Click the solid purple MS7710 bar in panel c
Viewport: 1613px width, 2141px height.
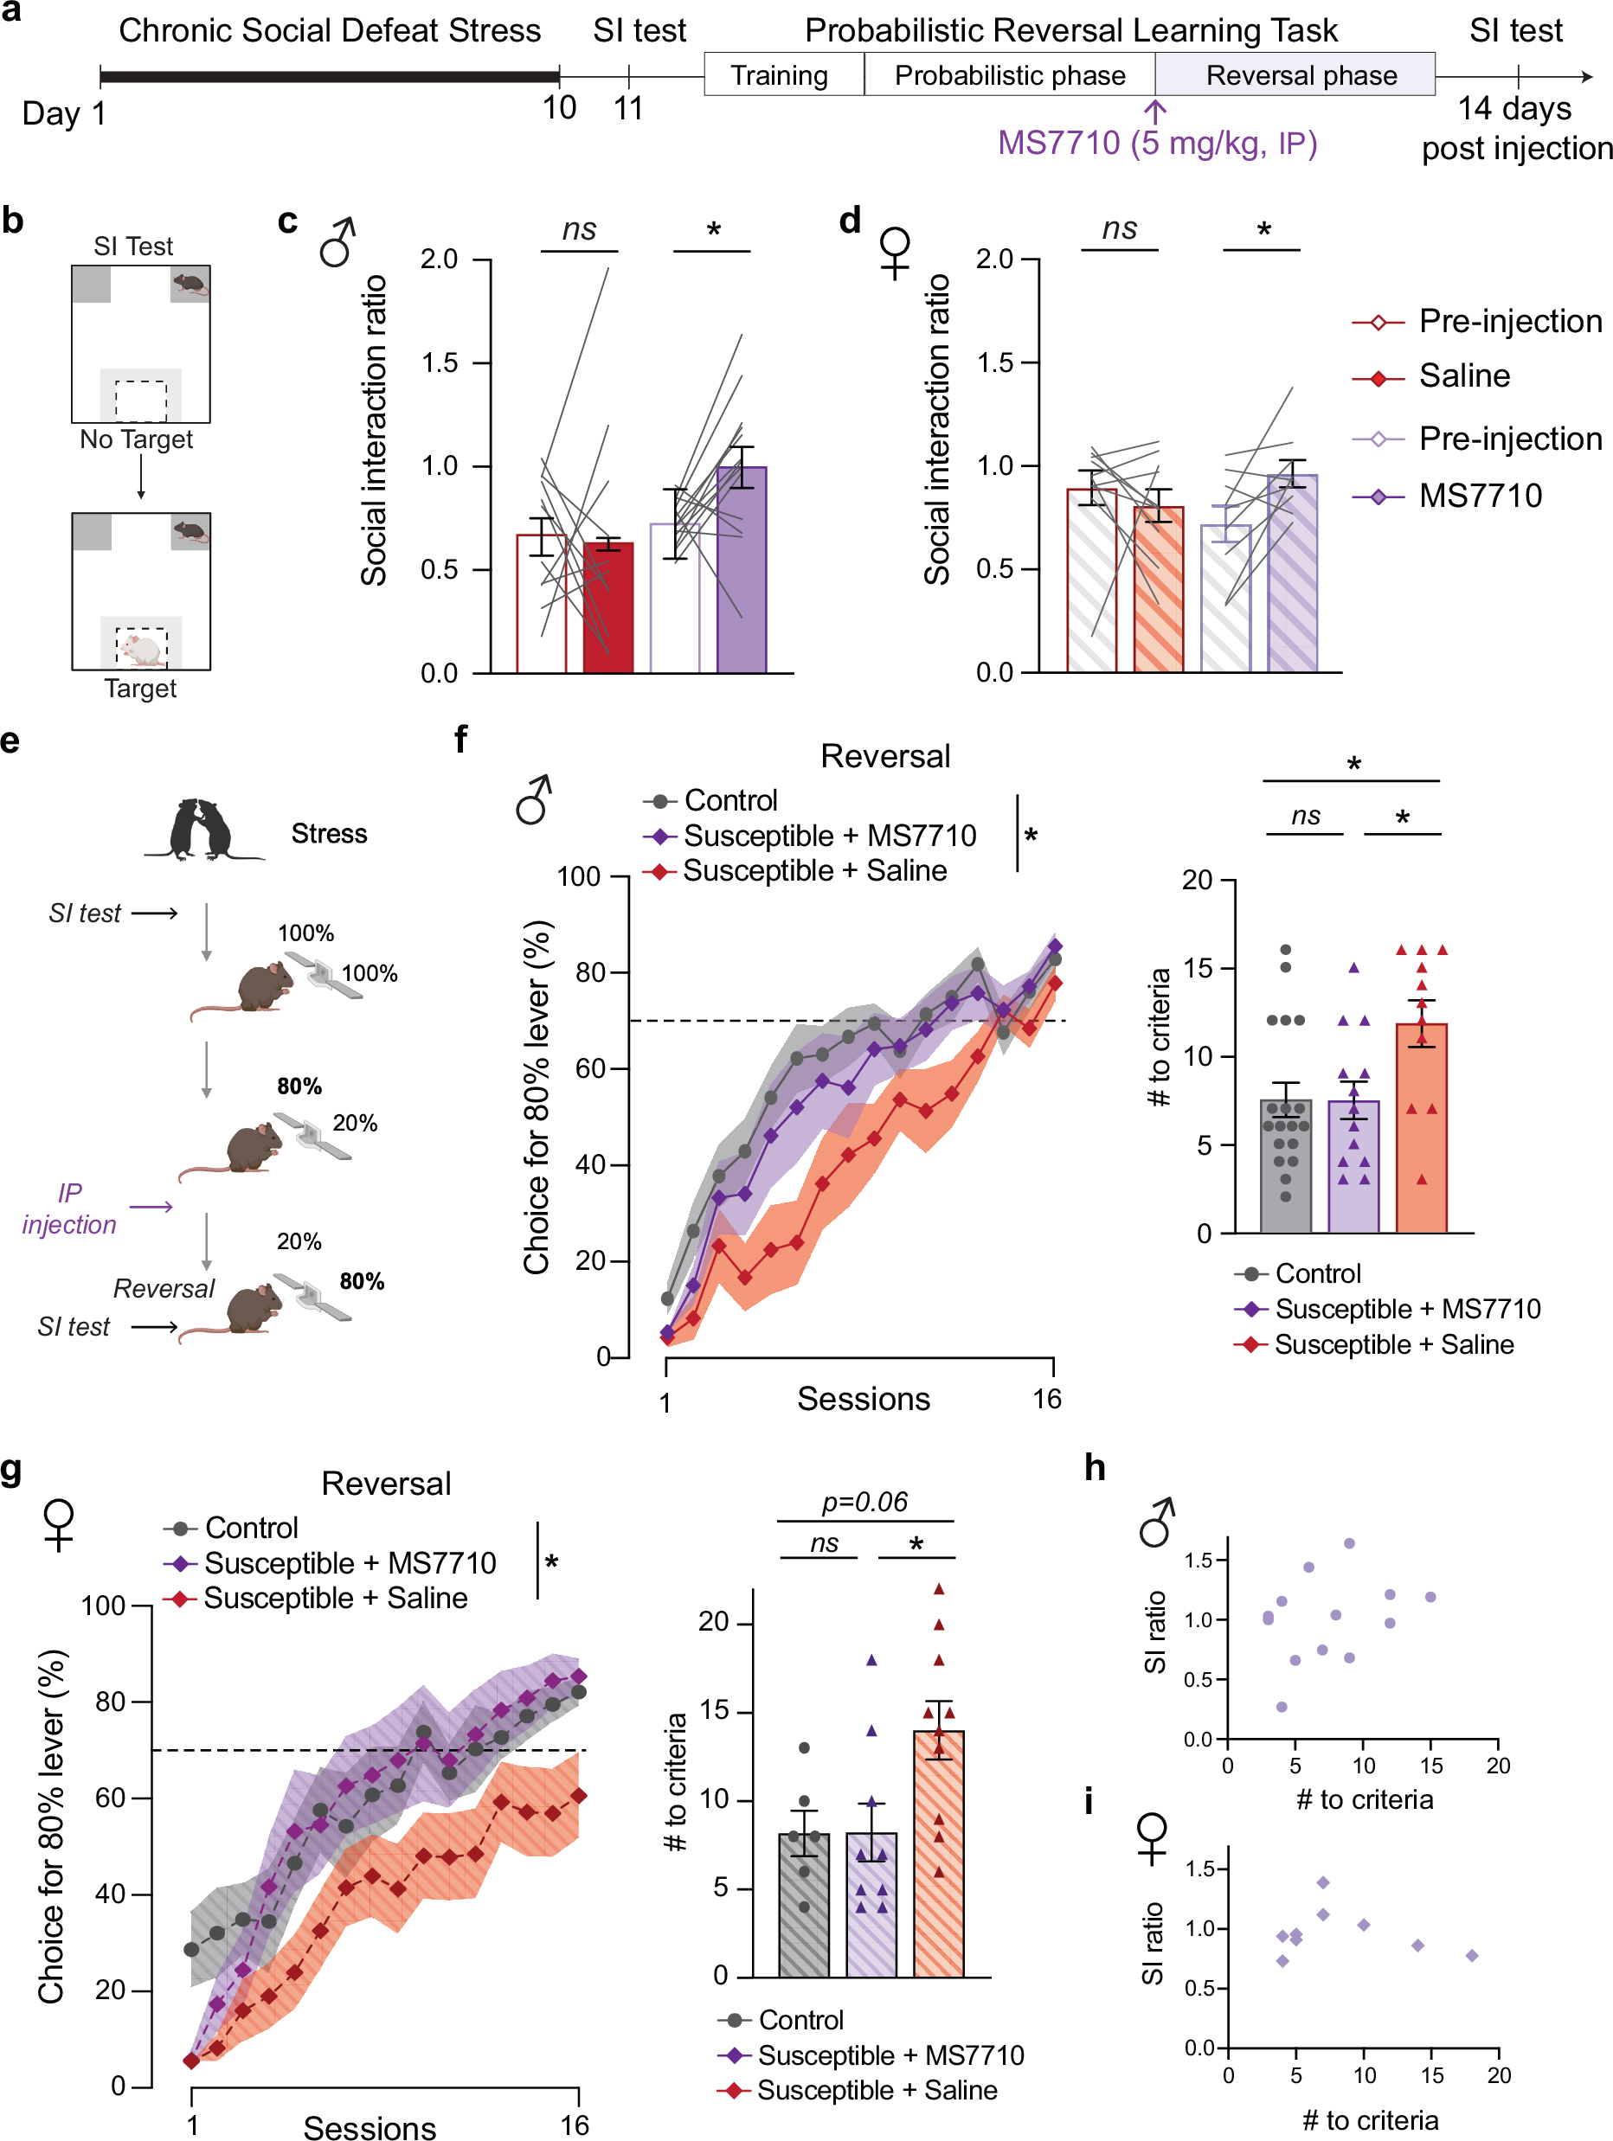point(741,571)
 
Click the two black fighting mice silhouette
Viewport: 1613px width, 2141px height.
point(201,830)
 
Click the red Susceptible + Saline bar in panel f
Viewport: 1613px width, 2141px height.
point(1420,1128)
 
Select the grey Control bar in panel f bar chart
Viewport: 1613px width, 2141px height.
point(1285,1166)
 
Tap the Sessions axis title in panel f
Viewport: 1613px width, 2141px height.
point(863,1399)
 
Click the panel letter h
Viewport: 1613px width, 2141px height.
point(1094,1468)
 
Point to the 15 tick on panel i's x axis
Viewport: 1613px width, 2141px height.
point(1431,2075)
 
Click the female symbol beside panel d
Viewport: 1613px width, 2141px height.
point(895,252)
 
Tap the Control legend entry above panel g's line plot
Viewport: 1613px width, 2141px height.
point(251,1528)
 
